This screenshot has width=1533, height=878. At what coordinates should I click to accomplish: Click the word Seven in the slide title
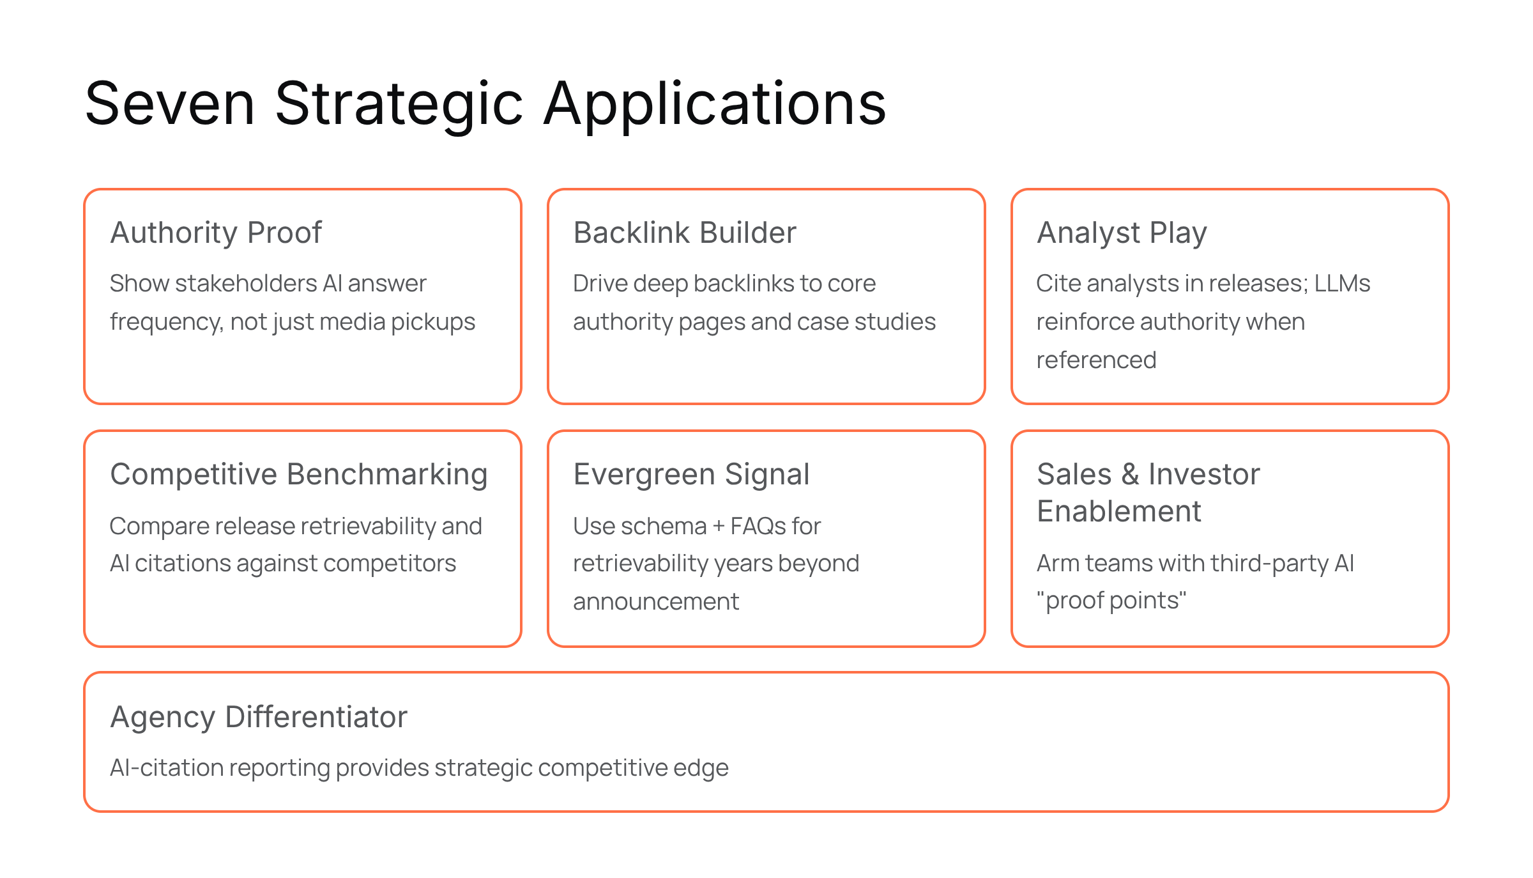coord(170,104)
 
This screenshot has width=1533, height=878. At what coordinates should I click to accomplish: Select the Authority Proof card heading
coord(216,233)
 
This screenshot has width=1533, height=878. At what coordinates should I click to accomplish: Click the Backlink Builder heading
coord(685,233)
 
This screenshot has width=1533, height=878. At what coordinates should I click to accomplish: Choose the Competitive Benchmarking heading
coord(299,475)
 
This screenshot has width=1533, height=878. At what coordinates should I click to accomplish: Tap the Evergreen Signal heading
coord(692,475)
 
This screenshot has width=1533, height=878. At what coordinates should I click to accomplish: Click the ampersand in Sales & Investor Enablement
coord(1131,474)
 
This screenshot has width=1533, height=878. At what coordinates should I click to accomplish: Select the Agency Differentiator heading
coord(259,718)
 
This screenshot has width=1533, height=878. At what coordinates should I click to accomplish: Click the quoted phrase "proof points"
coord(1111,601)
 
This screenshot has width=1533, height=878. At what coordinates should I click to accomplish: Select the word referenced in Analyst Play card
coord(1096,360)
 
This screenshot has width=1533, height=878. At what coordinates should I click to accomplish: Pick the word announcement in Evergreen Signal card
coord(656,601)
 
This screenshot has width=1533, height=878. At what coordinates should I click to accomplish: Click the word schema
coord(664,526)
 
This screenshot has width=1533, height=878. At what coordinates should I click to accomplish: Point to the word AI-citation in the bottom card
coord(166,768)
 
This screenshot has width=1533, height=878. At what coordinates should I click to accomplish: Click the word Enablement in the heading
coord(1119,511)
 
